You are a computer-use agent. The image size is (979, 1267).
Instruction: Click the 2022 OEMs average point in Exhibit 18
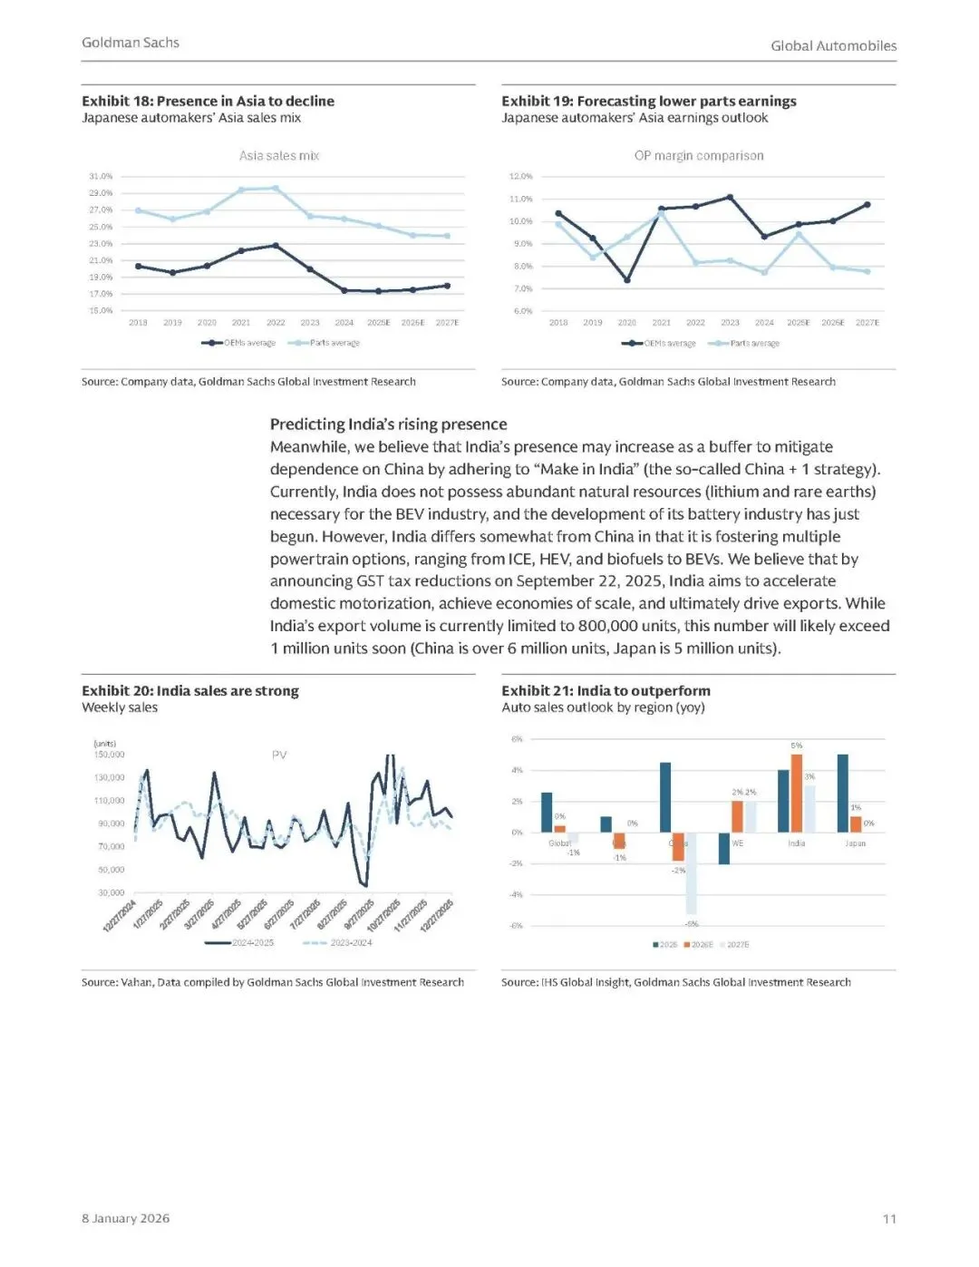tap(276, 246)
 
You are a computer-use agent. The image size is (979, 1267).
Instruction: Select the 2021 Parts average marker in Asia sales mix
tap(241, 190)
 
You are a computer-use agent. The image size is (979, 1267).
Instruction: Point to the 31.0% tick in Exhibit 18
tap(101, 176)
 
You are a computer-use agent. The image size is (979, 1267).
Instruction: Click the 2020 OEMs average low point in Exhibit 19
tap(627, 280)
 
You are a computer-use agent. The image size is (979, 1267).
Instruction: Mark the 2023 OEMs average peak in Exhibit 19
tap(730, 197)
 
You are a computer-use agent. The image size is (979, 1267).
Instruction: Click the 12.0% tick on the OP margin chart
tap(521, 176)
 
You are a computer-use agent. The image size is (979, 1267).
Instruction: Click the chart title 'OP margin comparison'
tap(699, 156)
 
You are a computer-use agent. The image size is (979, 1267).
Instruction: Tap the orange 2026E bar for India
tap(797, 794)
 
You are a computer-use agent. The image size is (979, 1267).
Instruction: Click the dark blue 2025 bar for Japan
tap(843, 794)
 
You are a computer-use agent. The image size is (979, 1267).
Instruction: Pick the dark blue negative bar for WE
tap(724, 848)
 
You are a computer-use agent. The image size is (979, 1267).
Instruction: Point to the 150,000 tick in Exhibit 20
tap(110, 755)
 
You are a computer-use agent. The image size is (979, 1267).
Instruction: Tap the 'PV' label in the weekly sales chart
tap(279, 755)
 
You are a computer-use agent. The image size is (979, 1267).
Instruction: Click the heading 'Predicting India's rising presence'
tap(389, 424)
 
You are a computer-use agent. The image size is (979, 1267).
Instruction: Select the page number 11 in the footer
tap(889, 1219)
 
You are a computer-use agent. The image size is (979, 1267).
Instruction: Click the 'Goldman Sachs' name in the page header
tap(131, 43)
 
